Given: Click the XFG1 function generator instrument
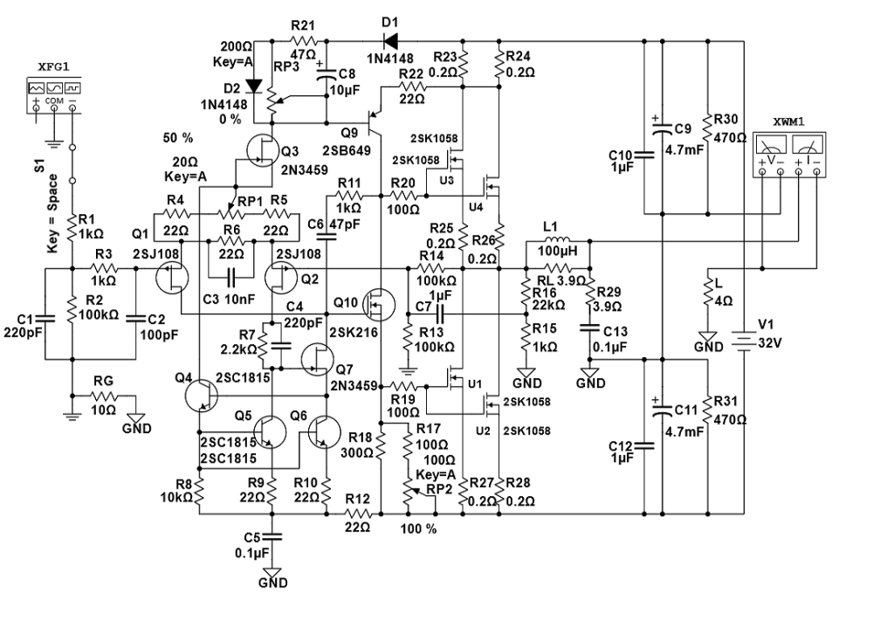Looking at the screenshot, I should [53, 96].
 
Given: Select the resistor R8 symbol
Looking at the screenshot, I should [199, 493].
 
